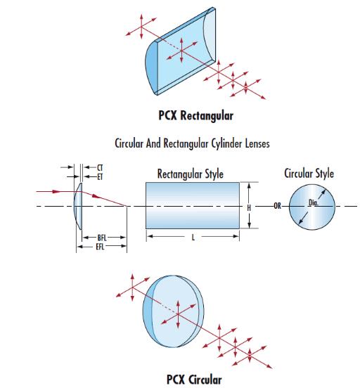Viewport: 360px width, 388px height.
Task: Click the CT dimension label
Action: [100, 168]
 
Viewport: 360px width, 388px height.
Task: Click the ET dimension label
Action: [100, 177]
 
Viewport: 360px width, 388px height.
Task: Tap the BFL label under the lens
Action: [102, 238]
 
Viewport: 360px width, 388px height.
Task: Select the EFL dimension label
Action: [100, 247]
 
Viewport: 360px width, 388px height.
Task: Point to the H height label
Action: [249, 208]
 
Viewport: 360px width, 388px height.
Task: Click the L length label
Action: [193, 238]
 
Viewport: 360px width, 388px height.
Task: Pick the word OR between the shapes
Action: [278, 206]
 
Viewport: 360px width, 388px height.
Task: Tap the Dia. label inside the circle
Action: [313, 202]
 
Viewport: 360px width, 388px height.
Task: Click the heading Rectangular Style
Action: [191, 174]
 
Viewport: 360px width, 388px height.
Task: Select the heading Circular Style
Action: [309, 173]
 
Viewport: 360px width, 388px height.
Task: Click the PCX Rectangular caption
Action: [196, 115]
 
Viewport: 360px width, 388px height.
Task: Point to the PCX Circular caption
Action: [194, 380]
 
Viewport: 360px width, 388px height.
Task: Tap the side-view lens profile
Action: [78, 206]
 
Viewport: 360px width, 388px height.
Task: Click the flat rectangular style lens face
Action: [193, 206]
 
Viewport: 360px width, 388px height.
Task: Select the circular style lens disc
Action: [312, 207]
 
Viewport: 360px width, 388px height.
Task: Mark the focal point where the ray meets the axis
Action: [127, 206]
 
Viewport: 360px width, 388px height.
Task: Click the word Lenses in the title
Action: [257, 143]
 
